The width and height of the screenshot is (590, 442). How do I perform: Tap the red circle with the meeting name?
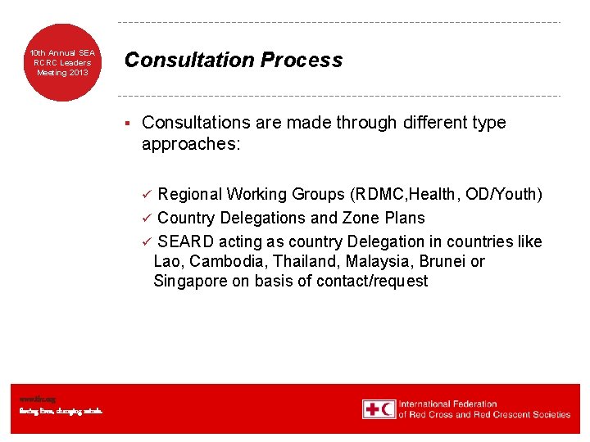(63, 62)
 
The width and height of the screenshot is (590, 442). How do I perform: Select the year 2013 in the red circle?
(78, 73)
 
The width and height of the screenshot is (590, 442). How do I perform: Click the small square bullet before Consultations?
(128, 123)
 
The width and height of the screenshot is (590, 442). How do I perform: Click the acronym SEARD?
(187, 241)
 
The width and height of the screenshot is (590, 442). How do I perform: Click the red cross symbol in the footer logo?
(370, 408)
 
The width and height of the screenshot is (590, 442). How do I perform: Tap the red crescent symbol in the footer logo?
(387, 408)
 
